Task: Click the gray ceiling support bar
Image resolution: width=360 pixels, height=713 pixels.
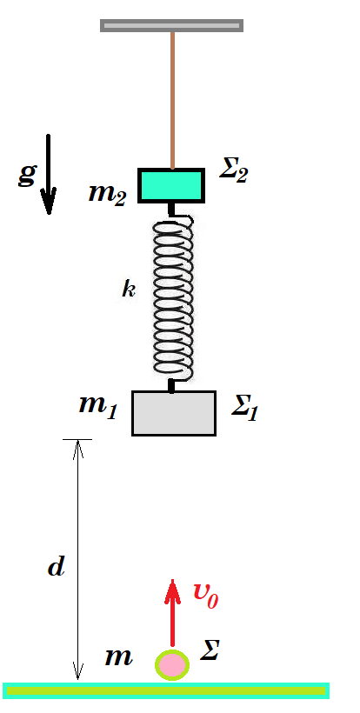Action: (171, 25)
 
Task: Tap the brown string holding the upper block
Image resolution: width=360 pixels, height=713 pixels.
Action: (172, 100)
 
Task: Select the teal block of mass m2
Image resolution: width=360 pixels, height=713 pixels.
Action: (171, 185)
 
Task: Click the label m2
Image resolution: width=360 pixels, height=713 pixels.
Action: (107, 194)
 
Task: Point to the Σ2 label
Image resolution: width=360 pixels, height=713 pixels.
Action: (233, 171)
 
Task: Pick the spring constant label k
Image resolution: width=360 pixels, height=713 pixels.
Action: (128, 290)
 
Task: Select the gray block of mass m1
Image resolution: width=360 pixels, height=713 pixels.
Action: (174, 413)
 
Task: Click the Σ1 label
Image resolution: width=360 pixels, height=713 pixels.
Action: (244, 409)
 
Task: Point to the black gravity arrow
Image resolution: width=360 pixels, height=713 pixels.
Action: (48, 174)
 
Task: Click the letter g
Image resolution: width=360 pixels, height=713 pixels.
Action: (27, 175)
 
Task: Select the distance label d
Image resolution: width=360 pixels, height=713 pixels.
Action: (57, 567)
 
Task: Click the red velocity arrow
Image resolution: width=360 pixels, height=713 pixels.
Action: (172, 612)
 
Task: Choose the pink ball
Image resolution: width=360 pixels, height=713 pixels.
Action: (172, 665)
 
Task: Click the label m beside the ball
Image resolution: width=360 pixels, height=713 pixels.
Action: (118, 657)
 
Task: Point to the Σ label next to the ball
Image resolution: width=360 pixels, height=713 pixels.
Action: (210, 650)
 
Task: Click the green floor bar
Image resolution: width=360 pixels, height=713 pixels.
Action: (166, 690)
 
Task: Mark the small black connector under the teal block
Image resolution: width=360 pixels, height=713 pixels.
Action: (171, 210)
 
